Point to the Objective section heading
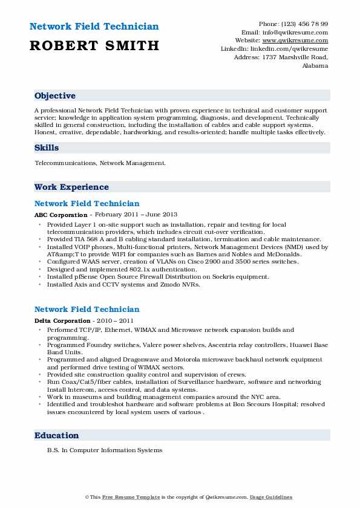pos(55,96)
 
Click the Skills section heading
pos(47,148)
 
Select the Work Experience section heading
pos(71,187)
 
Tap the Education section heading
pos(57,435)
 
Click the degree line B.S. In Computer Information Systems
pos(105,450)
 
